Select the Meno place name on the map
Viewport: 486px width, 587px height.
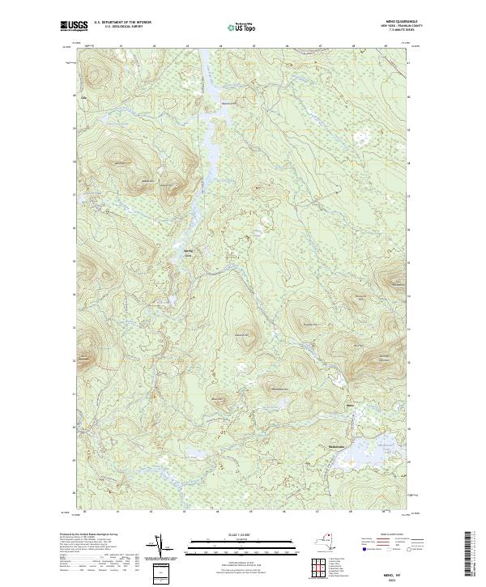point(350,405)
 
